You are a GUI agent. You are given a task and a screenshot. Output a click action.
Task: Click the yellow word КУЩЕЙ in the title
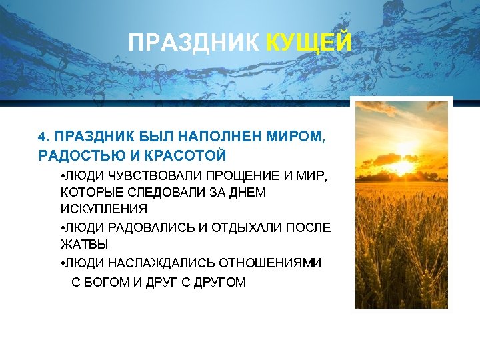308,44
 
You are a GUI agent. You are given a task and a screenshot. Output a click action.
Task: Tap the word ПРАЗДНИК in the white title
194,44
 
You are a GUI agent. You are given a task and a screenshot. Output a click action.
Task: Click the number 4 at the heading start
42,137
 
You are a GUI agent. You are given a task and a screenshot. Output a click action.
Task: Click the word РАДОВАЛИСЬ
146,227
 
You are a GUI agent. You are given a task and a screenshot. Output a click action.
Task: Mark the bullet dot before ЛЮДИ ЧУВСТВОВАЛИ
61,175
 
